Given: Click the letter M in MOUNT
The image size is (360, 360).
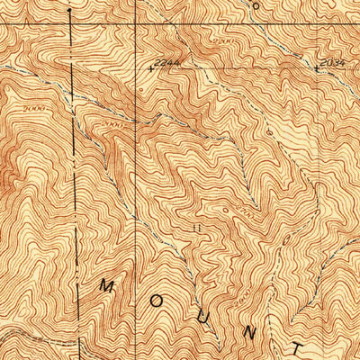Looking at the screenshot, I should tap(107, 286).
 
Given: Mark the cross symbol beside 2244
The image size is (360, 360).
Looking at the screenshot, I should tap(151, 67).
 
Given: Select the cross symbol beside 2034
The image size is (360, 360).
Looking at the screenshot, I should tap(317, 67).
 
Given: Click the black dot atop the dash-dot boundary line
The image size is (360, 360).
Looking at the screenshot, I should tap(69, 13).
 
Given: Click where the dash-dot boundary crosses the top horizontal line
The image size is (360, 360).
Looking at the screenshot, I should tap(69, 24).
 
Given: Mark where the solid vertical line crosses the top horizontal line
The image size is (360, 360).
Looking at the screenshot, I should tap(135, 24).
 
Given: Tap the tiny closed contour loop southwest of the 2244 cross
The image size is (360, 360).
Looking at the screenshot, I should tap(142, 90).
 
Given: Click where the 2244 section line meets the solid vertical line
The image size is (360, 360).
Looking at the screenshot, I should tap(135, 67).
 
